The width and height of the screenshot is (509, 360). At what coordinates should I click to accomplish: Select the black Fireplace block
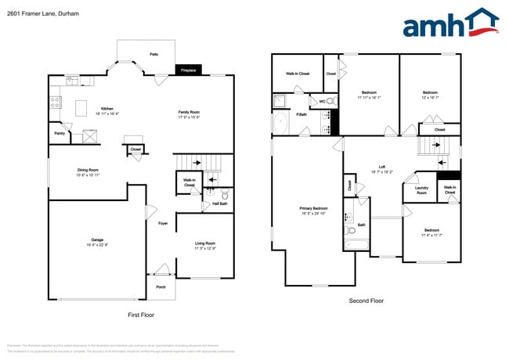click(x=188, y=70)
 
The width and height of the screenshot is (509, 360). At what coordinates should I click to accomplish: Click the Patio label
click(x=154, y=54)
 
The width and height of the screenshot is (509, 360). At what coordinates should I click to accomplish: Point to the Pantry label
click(x=60, y=134)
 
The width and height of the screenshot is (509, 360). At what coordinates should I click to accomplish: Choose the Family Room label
click(x=189, y=112)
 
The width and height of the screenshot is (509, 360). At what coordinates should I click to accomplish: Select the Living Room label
click(x=205, y=244)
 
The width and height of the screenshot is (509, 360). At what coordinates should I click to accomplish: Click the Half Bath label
click(x=220, y=204)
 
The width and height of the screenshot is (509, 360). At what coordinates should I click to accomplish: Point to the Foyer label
click(x=163, y=224)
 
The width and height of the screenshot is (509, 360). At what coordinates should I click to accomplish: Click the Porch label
click(x=161, y=286)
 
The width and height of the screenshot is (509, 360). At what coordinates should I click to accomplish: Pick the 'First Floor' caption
click(x=141, y=315)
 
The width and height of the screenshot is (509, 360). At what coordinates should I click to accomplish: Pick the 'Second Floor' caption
click(x=366, y=301)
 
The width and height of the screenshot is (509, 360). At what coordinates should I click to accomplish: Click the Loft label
click(x=382, y=167)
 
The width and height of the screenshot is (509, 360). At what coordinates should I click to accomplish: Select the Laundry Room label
click(x=421, y=189)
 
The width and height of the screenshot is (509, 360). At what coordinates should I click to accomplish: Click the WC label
click(x=322, y=102)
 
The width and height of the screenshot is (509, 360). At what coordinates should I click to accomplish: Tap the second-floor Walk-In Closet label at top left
click(x=297, y=74)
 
